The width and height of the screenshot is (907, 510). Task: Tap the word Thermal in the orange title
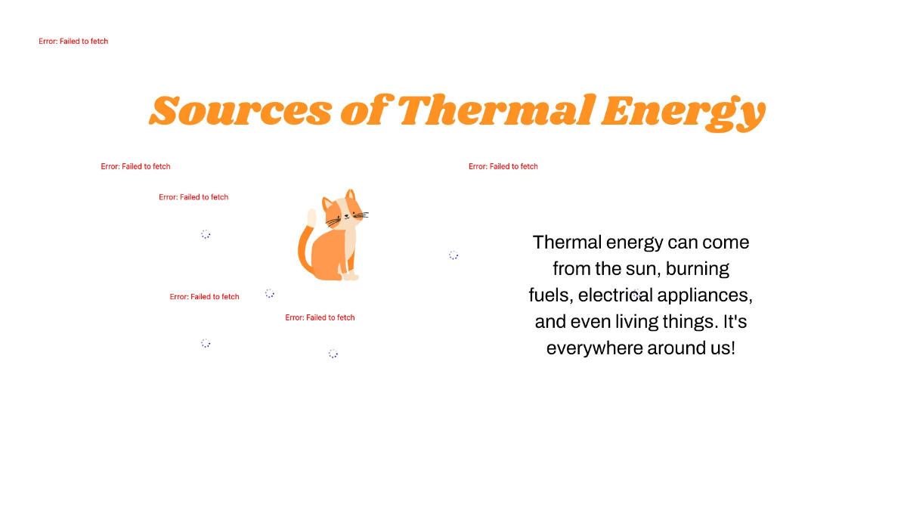coord(494,110)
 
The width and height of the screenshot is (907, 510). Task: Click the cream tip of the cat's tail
coord(311,218)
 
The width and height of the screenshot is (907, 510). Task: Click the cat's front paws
coord(349,276)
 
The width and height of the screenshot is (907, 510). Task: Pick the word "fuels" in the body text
coord(549,295)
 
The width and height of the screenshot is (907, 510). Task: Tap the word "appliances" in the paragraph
coord(711,295)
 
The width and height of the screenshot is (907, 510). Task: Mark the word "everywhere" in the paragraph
coord(593,348)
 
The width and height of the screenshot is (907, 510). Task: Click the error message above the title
coord(73,42)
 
